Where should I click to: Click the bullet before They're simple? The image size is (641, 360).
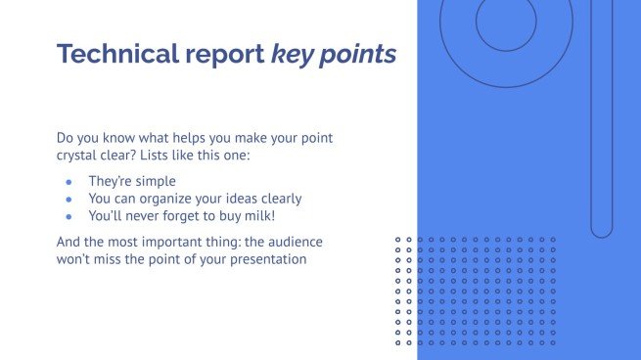pos(69,182)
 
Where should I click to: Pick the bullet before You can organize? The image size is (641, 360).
pos(69,199)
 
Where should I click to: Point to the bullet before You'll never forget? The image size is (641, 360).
pos(69,215)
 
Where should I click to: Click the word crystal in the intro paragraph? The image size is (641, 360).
pos(78,157)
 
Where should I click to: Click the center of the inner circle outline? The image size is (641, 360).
pos(506,22)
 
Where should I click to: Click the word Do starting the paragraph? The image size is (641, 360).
pos(66,138)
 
